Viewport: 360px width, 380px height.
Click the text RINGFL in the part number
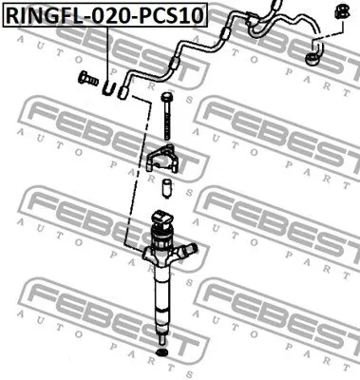37,17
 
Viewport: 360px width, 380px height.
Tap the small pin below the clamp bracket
166,185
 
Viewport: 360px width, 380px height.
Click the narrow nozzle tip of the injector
161,332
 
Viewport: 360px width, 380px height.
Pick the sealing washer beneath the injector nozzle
161,357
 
